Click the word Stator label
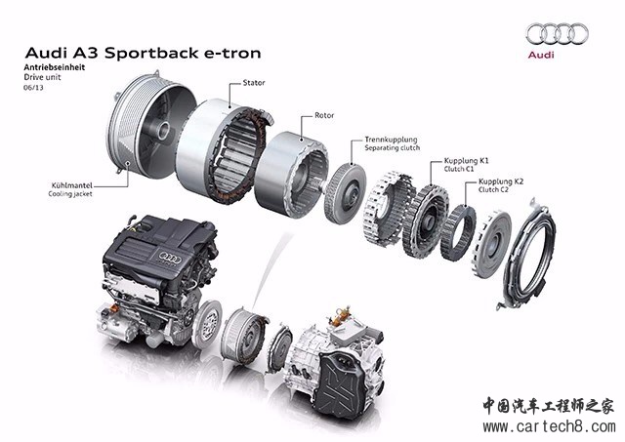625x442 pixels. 254,83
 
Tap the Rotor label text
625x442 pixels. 324,115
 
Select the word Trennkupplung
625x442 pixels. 391,140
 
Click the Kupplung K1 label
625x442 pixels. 466,161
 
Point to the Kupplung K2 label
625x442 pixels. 501,181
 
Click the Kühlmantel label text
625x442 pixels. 71,185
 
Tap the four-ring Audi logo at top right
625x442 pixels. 557,33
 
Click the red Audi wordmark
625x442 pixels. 541,55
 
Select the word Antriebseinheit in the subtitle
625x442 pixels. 55,67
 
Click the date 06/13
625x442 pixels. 33,88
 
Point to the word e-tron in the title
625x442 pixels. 232,53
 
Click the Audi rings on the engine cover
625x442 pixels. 170,258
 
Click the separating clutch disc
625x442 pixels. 345,194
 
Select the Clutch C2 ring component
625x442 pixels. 458,232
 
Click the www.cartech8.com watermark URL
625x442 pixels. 549,426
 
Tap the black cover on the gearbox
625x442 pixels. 344,385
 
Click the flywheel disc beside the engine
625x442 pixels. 207,324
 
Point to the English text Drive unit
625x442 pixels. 42,77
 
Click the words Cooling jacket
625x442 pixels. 70,194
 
